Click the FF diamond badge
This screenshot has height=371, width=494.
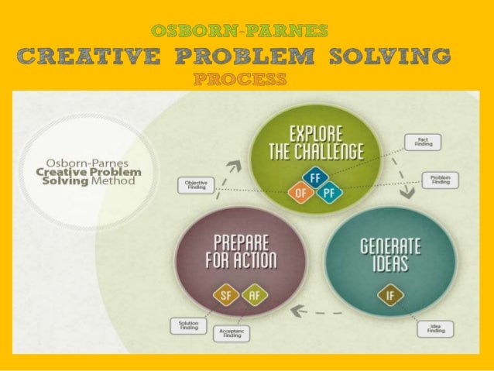313,177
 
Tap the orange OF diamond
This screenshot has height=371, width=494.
298,191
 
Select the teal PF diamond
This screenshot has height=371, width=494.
328,192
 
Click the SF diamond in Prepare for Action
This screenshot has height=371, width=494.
225,294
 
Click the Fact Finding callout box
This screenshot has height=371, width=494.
422,142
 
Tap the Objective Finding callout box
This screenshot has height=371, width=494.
195,185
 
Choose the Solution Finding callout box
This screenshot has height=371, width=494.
187,326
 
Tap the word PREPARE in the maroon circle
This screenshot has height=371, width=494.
238,241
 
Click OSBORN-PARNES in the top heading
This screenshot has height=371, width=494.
240,32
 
